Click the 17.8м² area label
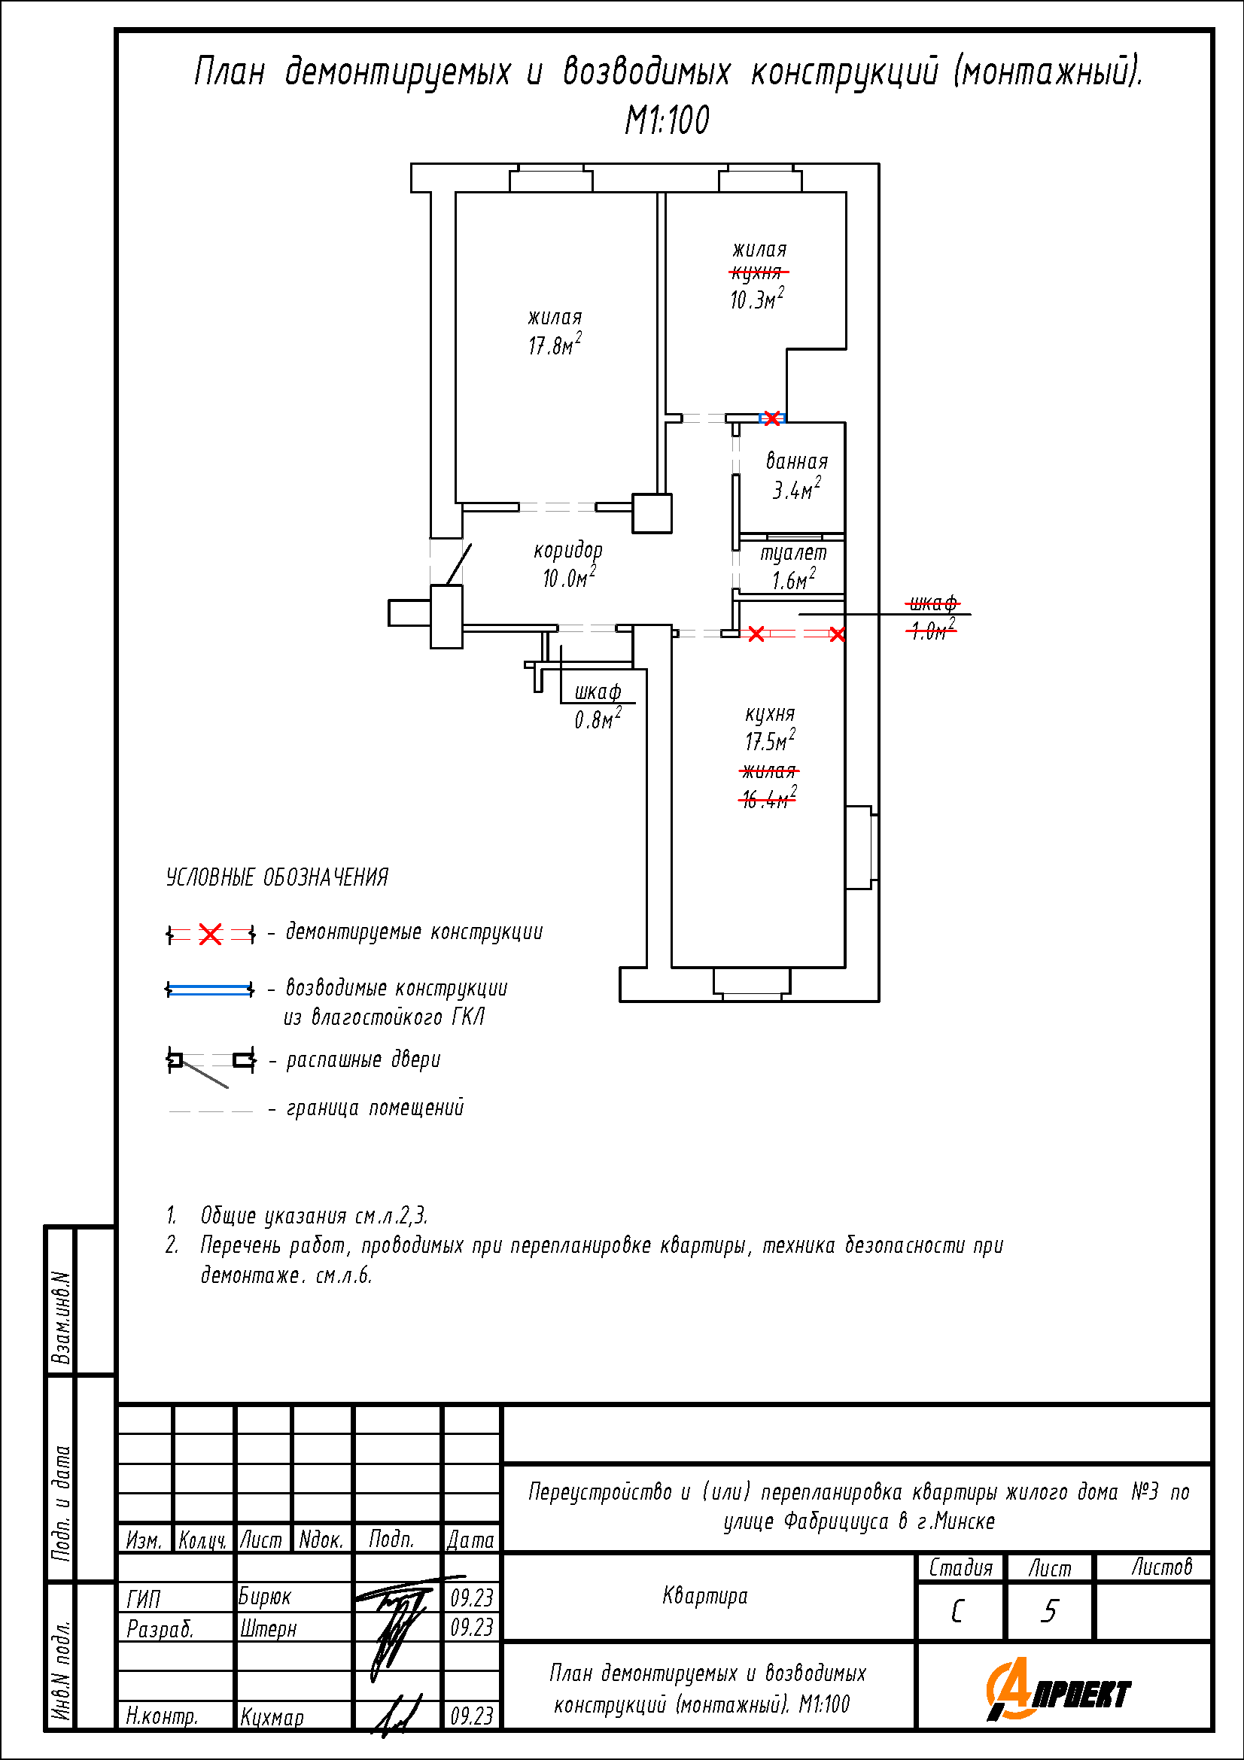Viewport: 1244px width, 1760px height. coord(555,345)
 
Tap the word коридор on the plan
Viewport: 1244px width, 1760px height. coord(568,551)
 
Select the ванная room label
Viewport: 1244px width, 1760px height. coord(797,461)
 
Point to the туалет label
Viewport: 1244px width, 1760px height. coord(793,554)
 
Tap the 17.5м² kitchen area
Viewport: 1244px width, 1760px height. coord(771,740)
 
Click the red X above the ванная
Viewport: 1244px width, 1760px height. coord(772,418)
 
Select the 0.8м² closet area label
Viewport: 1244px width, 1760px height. coord(598,719)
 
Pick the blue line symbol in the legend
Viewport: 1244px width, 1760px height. coord(210,990)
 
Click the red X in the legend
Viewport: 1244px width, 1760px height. coord(210,935)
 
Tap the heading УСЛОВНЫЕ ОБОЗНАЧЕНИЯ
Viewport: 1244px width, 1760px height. coord(278,877)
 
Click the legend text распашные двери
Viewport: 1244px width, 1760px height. coord(363,1060)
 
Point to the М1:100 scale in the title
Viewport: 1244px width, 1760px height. coord(668,120)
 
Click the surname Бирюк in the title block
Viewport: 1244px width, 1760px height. coord(264,1597)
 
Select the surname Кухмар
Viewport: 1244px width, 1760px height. coord(272,1717)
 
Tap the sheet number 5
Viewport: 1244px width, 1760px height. coord(1049,1611)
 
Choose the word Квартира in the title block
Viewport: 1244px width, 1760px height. coord(705,1596)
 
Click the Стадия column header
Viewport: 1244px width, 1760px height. coord(960,1568)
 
